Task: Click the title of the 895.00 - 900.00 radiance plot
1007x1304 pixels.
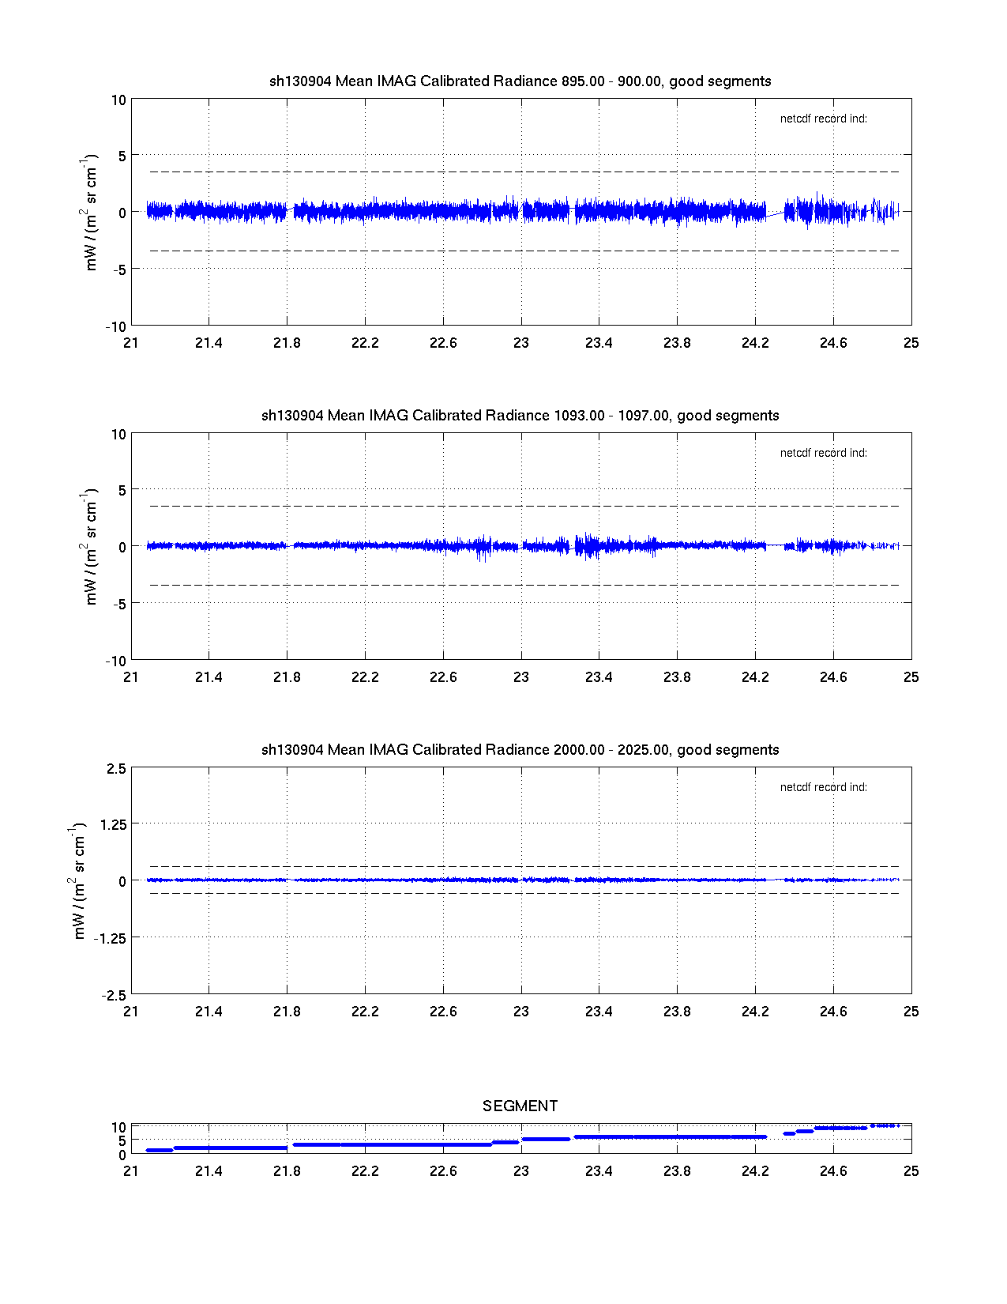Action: pos(520,81)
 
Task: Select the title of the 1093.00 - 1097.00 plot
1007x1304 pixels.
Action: pos(520,416)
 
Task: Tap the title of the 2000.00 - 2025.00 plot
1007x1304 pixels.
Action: pos(520,750)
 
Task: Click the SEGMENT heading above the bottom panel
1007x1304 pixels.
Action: pos(520,1106)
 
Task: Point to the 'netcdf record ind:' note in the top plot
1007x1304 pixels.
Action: pos(824,119)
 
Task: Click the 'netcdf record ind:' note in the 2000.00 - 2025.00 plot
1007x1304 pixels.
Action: pos(824,788)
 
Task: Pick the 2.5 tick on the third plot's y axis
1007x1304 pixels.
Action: pos(116,769)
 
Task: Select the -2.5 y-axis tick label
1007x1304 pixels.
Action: pos(114,996)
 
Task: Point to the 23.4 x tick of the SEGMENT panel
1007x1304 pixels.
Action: pos(599,1171)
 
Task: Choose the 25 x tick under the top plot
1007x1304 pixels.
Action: pos(911,343)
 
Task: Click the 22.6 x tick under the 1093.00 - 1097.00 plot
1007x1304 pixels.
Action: pos(443,677)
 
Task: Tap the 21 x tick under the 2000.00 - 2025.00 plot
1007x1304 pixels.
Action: pos(131,1012)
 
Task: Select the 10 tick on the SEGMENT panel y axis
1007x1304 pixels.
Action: pos(118,1128)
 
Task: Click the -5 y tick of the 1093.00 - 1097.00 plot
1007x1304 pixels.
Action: pos(117,604)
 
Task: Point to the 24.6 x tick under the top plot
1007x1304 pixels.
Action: pos(833,343)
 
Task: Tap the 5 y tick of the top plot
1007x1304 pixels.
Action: pos(122,156)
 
